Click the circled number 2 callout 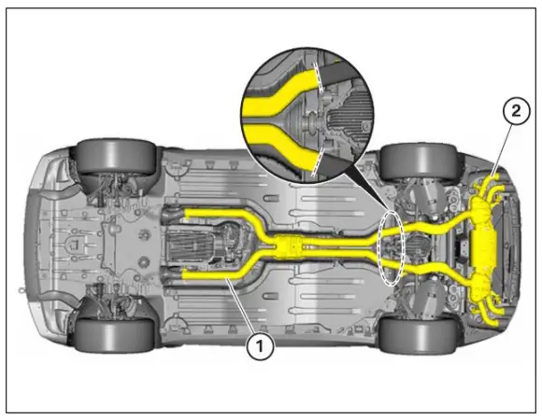coord(516,110)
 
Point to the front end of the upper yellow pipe coord(191,214)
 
